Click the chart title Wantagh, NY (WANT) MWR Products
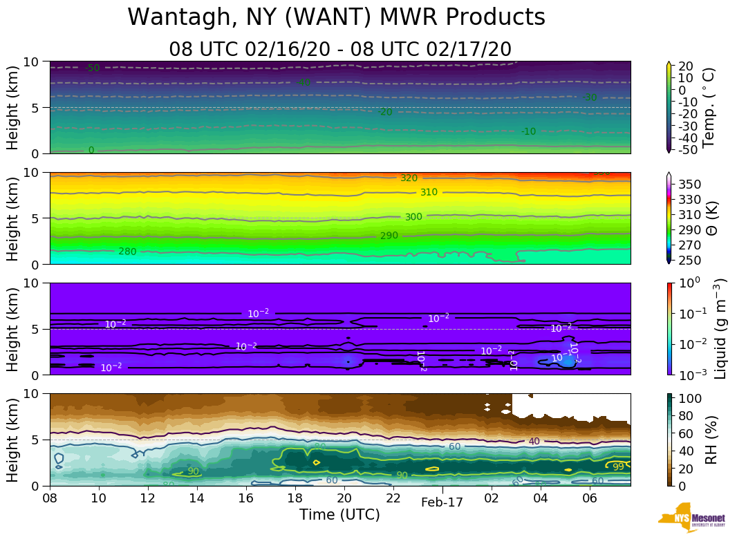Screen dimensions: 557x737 pos(337,17)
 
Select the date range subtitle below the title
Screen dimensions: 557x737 pos(339,49)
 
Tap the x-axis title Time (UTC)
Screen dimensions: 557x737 pos(339,515)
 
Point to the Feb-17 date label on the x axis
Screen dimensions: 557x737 pos(442,503)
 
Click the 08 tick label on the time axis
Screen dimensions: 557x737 pos(50,499)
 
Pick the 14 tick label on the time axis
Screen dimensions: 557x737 pos(197,499)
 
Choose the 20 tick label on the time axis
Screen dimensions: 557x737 pos(344,499)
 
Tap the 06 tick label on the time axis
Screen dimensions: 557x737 pos(590,499)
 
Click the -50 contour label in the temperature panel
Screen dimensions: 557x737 pos(92,68)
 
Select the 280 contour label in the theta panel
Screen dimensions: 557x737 pos(127,252)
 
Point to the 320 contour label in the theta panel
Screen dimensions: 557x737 pos(409,178)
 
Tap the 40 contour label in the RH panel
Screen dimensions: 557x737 pos(534,441)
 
